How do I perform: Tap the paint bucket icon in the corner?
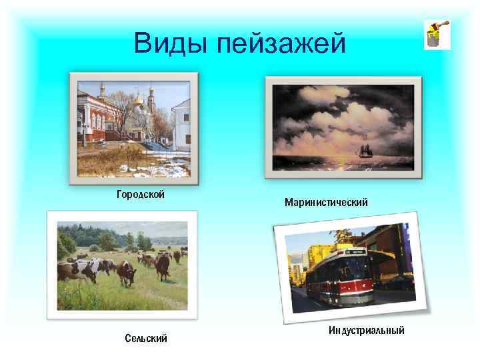tap(437, 35)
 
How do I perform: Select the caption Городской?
tap(141, 195)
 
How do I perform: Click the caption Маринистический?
tap(325, 201)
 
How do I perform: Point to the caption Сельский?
tap(146, 339)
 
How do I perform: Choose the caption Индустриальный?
tap(366, 331)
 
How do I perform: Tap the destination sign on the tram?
tap(353, 254)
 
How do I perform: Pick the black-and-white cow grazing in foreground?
tap(77, 270)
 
